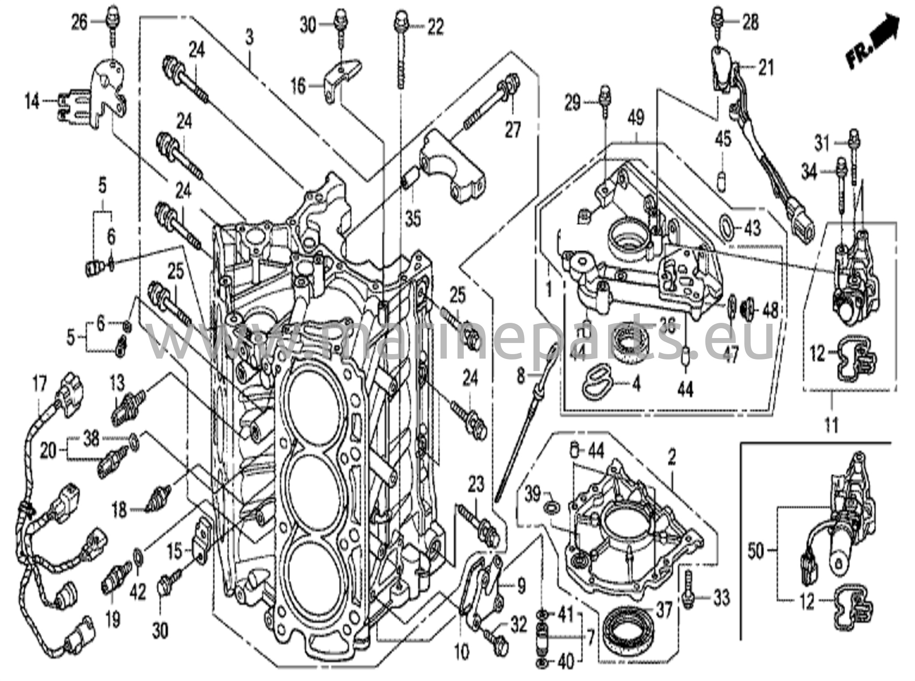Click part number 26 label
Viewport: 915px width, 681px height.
click(80, 22)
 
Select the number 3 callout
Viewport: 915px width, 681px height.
click(249, 37)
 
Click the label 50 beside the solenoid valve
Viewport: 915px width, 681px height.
click(756, 552)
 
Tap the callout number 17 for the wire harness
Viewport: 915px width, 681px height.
click(39, 384)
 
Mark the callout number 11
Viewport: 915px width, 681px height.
click(831, 425)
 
